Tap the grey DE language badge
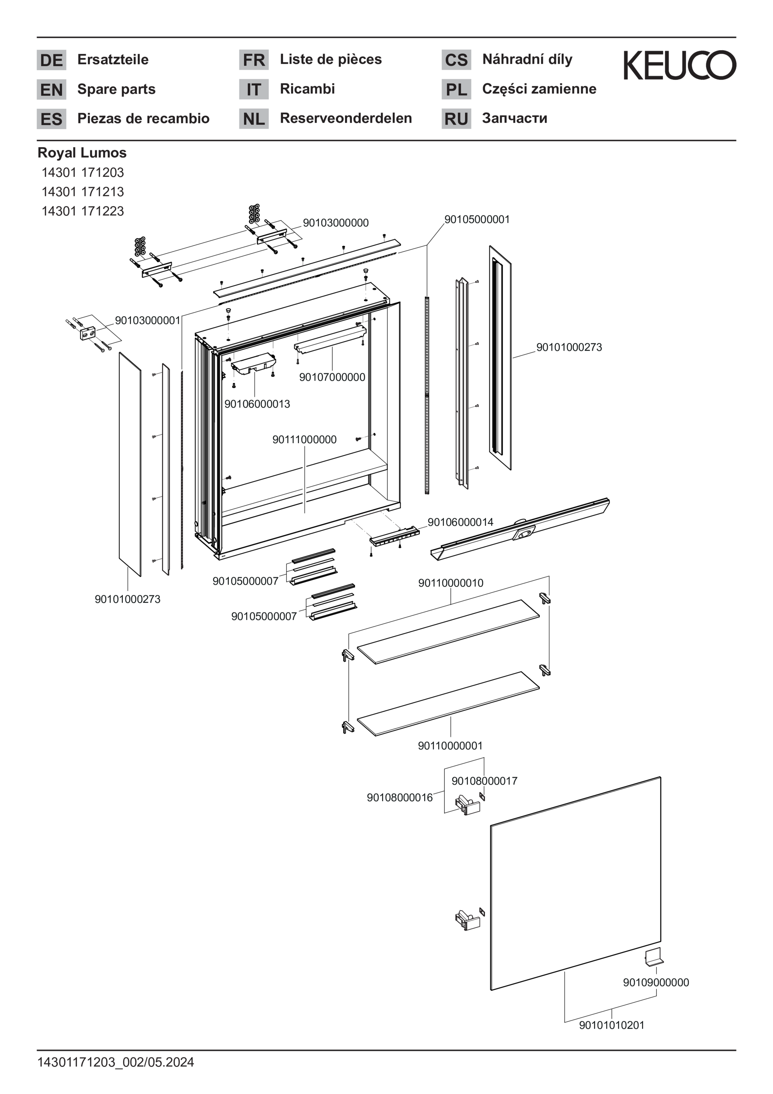(x=51, y=60)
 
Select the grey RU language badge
(x=456, y=118)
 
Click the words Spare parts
(x=116, y=89)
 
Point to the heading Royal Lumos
(x=82, y=153)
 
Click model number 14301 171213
(x=83, y=192)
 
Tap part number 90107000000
(x=332, y=377)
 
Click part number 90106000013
(x=257, y=404)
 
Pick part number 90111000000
(x=304, y=439)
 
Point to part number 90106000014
(x=460, y=522)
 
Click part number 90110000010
(x=451, y=583)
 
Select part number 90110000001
(x=450, y=746)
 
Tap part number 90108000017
(x=484, y=781)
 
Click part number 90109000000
(x=656, y=982)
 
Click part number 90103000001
(x=148, y=320)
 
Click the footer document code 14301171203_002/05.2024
(x=116, y=1062)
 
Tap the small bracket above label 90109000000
(x=653, y=957)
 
